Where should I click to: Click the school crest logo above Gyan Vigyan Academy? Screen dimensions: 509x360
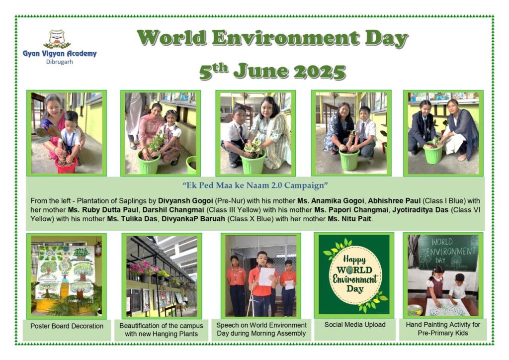point(57,39)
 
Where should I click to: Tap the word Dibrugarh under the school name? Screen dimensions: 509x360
point(60,62)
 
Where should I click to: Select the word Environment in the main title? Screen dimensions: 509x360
point(286,38)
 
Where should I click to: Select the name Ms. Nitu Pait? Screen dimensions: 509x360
point(349,219)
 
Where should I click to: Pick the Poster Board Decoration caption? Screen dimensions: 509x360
point(67,326)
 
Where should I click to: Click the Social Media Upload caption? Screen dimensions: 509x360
point(355,325)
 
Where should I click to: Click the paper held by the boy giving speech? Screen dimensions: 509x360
point(266,276)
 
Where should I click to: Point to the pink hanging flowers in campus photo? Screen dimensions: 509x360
point(143,268)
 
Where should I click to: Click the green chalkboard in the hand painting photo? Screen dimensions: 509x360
point(448,253)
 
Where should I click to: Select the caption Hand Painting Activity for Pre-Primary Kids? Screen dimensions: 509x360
point(443,329)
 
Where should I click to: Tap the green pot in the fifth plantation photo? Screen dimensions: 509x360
point(433,152)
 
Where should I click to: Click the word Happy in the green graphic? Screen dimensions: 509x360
point(354,260)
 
